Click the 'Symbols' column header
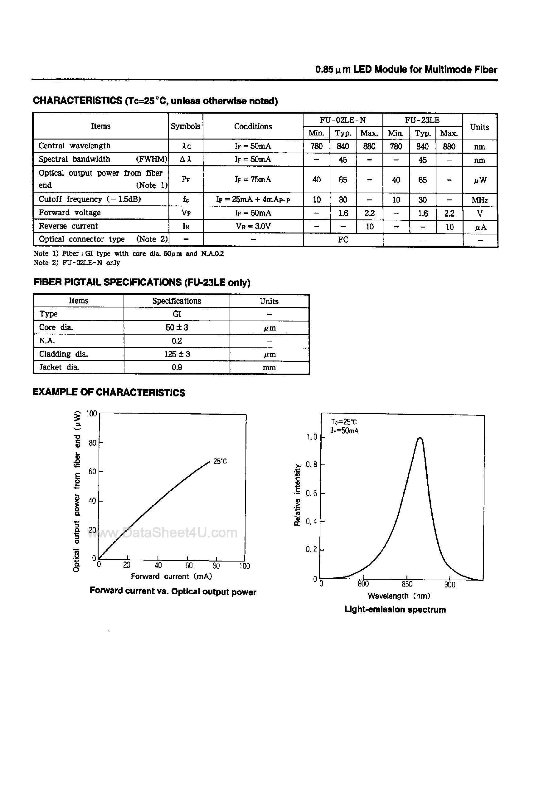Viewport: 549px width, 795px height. (x=185, y=126)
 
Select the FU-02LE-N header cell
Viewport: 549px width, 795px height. (x=343, y=120)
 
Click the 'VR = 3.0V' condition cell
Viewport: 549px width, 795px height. (x=253, y=226)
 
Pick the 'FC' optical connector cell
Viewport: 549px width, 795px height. (x=343, y=239)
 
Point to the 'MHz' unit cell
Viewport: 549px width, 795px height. (x=479, y=200)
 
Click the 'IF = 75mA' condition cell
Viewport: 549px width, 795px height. (x=253, y=179)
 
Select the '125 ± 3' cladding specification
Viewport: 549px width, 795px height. (x=177, y=354)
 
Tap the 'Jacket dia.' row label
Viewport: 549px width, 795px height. (x=59, y=367)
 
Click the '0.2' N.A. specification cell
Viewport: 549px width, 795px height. (x=177, y=341)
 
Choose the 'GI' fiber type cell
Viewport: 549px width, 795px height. (x=177, y=314)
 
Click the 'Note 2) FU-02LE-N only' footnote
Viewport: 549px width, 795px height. (x=76, y=263)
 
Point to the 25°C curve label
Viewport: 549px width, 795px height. (x=220, y=461)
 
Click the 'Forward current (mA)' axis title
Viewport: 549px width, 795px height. (x=171, y=576)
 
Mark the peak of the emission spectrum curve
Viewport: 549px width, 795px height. (x=420, y=438)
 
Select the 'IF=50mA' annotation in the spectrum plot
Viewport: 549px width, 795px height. (x=344, y=430)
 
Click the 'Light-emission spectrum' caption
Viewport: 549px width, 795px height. (x=395, y=610)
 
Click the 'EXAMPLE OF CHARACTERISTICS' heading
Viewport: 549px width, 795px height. (x=109, y=392)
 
